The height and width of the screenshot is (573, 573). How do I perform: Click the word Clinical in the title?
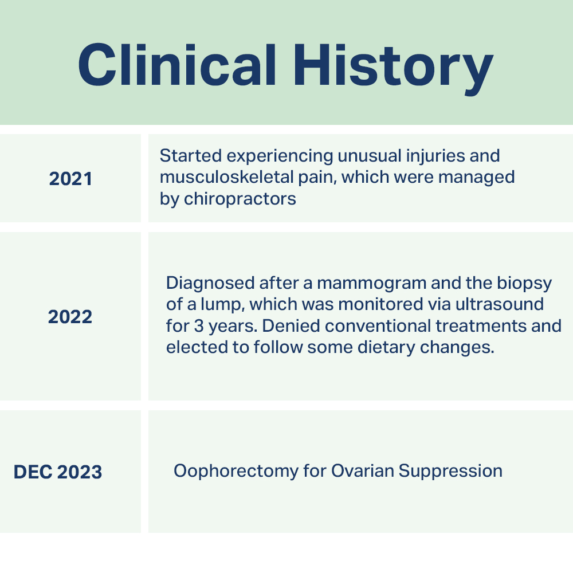click(177, 65)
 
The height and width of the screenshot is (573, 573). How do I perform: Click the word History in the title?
click(394, 69)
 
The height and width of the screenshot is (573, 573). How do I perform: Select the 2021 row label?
click(70, 179)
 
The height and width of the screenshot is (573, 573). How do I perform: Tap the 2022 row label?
click(70, 316)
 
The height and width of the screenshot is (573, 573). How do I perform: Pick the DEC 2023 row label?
click(58, 472)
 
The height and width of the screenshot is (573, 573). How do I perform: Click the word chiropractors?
click(240, 199)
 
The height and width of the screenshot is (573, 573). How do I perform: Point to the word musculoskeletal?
click(226, 177)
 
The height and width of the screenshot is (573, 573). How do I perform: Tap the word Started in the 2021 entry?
click(191, 156)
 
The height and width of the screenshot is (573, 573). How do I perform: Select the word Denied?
click(291, 326)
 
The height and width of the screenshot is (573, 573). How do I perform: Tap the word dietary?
click(386, 348)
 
